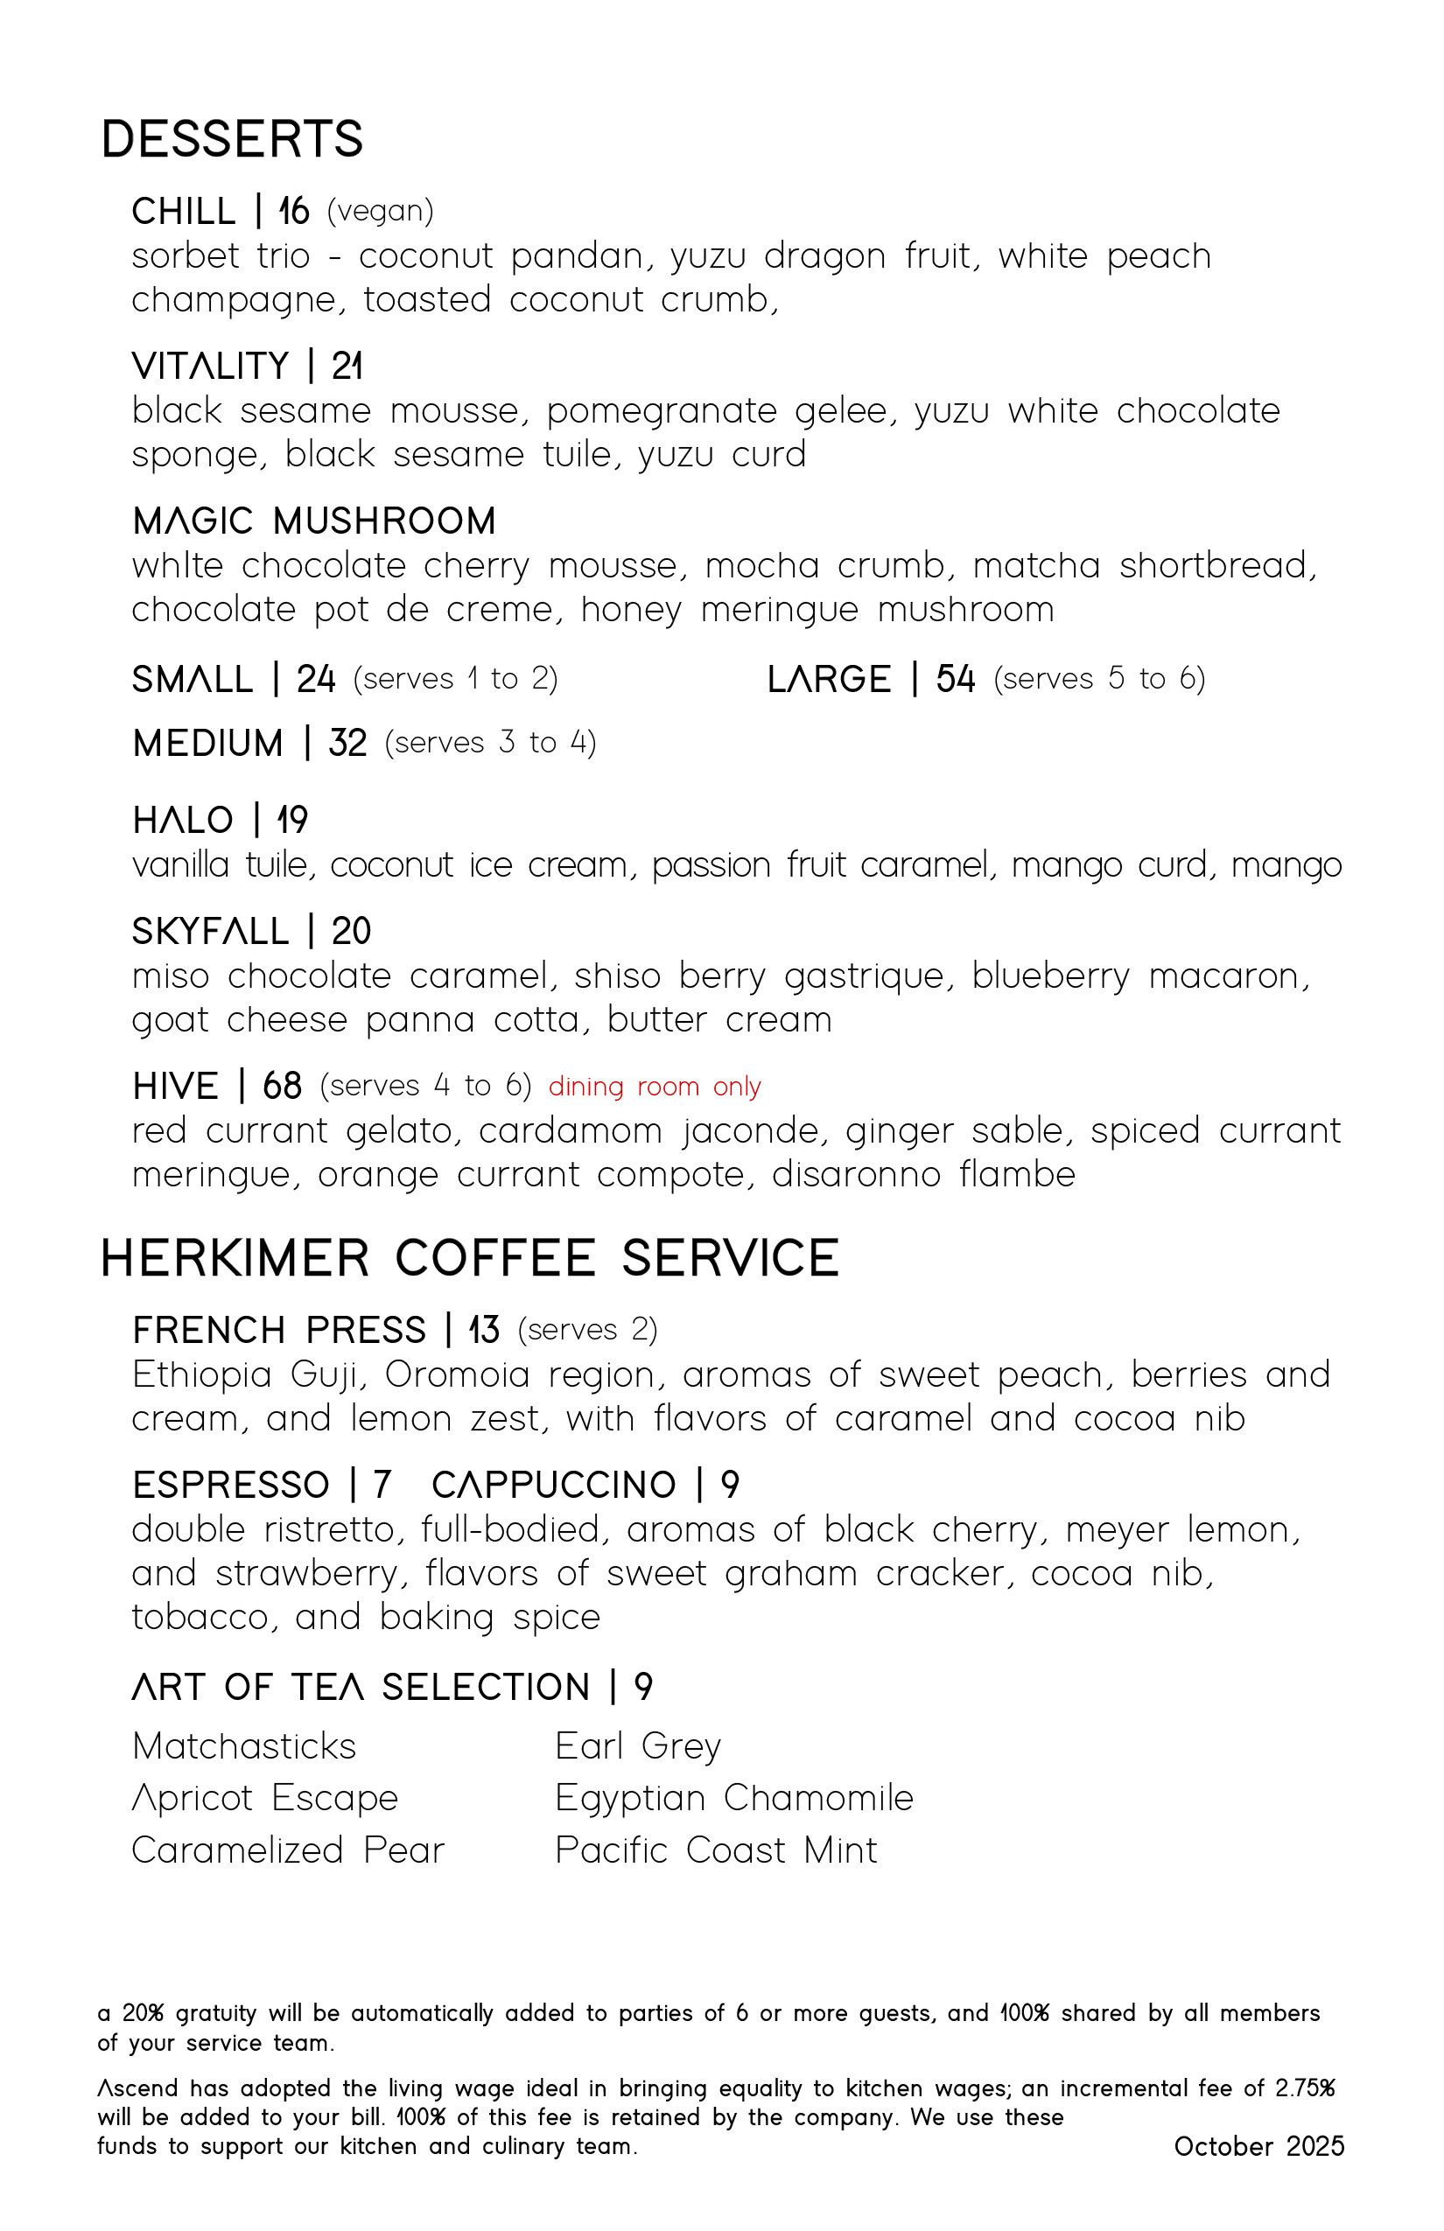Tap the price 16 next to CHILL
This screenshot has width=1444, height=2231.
click(293, 211)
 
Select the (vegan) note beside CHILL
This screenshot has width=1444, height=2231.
click(380, 211)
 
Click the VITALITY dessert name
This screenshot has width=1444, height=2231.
click(210, 366)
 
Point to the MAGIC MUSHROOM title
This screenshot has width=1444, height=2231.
click(314, 521)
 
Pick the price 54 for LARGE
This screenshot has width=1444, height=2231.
click(955, 679)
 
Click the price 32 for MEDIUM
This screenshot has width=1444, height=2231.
click(347, 743)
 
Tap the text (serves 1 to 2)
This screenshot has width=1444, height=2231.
click(455, 679)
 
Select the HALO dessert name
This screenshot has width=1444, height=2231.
click(183, 821)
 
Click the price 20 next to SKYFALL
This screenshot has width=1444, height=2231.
click(351, 931)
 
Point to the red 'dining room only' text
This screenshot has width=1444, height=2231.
click(655, 1087)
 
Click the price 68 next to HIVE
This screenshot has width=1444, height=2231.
click(282, 1086)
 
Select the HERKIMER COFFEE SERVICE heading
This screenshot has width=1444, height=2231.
click(469, 1258)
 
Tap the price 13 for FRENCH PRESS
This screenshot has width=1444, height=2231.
click(484, 1330)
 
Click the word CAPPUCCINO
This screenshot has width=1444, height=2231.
click(553, 1485)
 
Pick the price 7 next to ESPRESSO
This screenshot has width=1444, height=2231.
click(381, 1485)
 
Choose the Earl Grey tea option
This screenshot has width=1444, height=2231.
click(638, 1746)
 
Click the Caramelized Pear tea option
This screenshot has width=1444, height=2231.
click(288, 1850)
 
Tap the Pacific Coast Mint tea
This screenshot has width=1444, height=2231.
click(716, 1850)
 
